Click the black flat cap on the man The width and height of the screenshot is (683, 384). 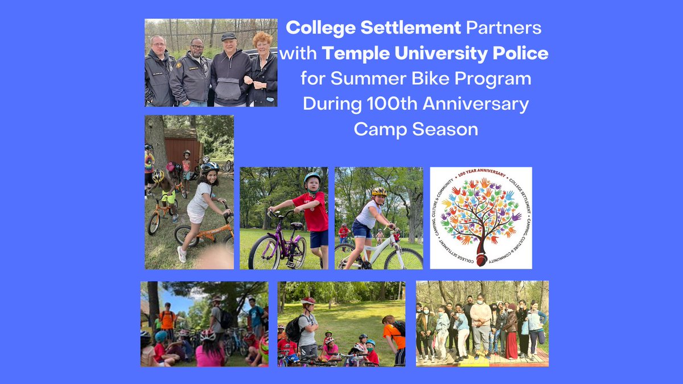pyautogui.click(x=228, y=36)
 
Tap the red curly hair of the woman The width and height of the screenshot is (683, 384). pyautogui.click(x=264, y=39)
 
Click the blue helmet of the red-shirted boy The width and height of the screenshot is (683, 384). pyautogui.click(x=312, y=177)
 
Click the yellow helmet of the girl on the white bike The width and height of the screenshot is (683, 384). pyautogui.click(x=379, y=192)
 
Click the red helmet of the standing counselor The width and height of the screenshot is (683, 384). pyautogui.click(x=308, y=300)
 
